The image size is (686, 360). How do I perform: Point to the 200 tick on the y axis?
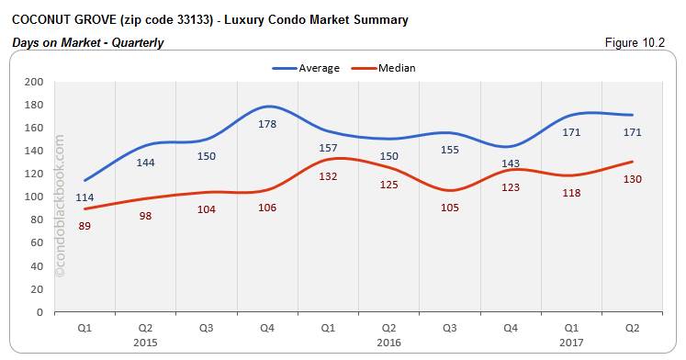point(33,82)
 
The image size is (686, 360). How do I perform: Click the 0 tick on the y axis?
point(39,312)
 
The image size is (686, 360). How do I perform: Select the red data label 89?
point(84,227)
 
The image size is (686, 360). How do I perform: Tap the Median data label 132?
point(328,176)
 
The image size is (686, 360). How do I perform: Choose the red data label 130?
point(632,179)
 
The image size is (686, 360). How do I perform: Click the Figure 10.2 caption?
point(644,42)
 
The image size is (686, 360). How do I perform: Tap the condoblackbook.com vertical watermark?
point(62,206)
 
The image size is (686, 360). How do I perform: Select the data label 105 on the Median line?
point(449,208)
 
